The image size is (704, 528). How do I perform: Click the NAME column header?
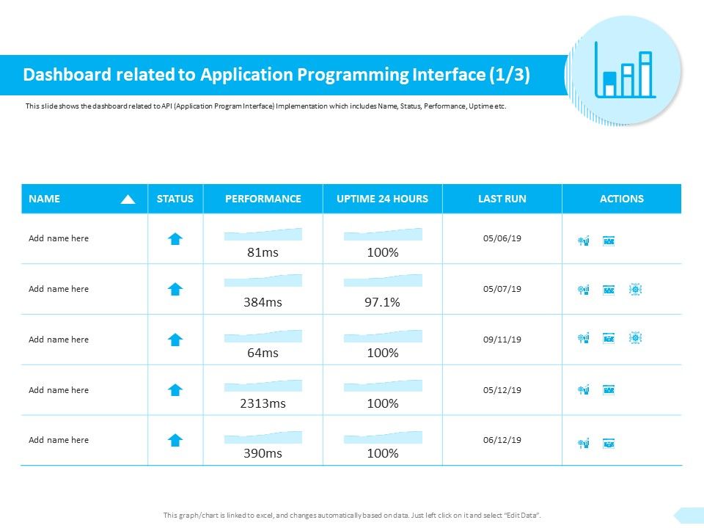click(45, 199)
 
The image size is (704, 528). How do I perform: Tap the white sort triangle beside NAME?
click(128, 199)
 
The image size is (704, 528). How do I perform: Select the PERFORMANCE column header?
click(263, 199)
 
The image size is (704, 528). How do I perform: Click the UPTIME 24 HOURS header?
click(382, 199)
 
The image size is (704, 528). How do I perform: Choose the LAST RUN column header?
click(502, 199)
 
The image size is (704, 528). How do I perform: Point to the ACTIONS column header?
click(621, 199)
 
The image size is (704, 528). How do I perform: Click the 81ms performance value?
click(263, 252)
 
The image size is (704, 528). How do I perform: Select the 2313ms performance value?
click(263, 403)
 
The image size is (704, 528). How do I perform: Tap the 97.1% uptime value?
click(382, 302)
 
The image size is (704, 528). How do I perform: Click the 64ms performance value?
click(263, 353)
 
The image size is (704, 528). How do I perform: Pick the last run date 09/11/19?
click(502, 340)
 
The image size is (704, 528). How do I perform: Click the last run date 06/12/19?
click(502, 440)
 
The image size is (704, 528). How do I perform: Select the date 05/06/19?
click(502, 238)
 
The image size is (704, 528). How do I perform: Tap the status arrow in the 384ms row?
click(175, 289)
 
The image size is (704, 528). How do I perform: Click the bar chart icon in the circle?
click(624, 71)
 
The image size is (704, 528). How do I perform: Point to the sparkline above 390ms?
click(263, 437)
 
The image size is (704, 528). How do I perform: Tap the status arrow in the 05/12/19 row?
click(175, 390)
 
